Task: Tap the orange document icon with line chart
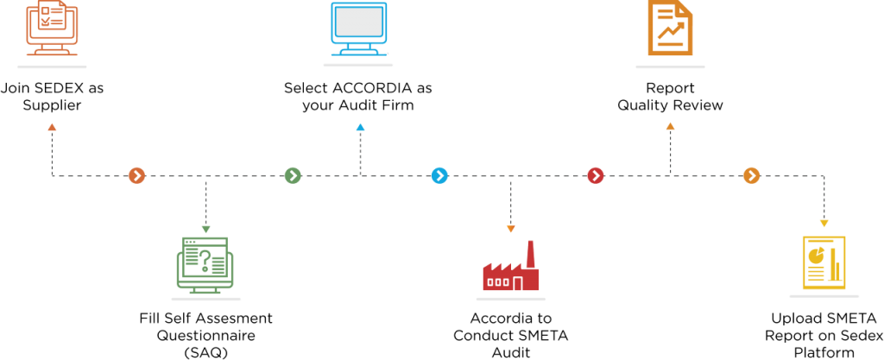(x=670, y=28)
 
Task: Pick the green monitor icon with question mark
(x=205, y=263)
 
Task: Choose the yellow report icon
(x=824, y=262)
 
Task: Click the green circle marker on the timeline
(x=293, y=175)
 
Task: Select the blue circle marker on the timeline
(x=439, y=175)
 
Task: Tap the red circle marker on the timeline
(x=596, y=175)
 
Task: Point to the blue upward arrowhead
(x=360, y=127)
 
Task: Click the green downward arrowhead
(x=205, y=229)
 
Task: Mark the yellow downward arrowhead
(x=824, y=224)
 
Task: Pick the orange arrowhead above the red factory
(x=510, y=229)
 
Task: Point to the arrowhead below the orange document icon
(x=670, y=126)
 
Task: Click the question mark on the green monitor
(x=205, y=259)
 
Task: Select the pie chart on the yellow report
(x=815, y=255)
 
